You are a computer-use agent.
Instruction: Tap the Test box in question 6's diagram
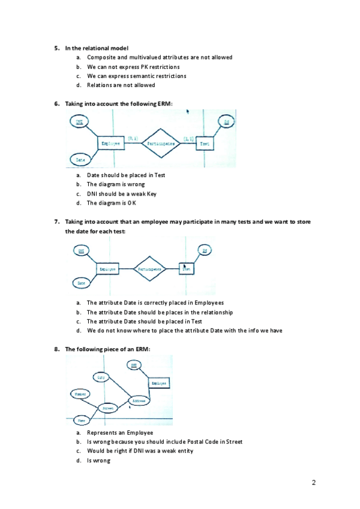(204, 143)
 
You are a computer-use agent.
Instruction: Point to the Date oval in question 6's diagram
(80, 159)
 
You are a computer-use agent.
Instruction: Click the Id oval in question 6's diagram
(226, 122)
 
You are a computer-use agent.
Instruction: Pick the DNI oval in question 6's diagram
(79, 122)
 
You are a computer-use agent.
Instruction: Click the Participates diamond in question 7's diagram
(148, 270)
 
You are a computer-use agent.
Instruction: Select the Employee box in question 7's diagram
(107, 270)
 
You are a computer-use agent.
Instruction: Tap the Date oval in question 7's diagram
(80, 282)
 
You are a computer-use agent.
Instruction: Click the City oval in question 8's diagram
(101, 377)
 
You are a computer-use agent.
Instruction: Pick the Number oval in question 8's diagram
(80, 394)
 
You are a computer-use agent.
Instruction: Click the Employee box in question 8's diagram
(159, 382)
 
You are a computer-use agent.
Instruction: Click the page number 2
(314, 482)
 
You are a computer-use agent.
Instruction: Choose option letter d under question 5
(79, 85)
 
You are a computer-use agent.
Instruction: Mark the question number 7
(56, 221)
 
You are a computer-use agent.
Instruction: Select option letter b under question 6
(79, 184)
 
